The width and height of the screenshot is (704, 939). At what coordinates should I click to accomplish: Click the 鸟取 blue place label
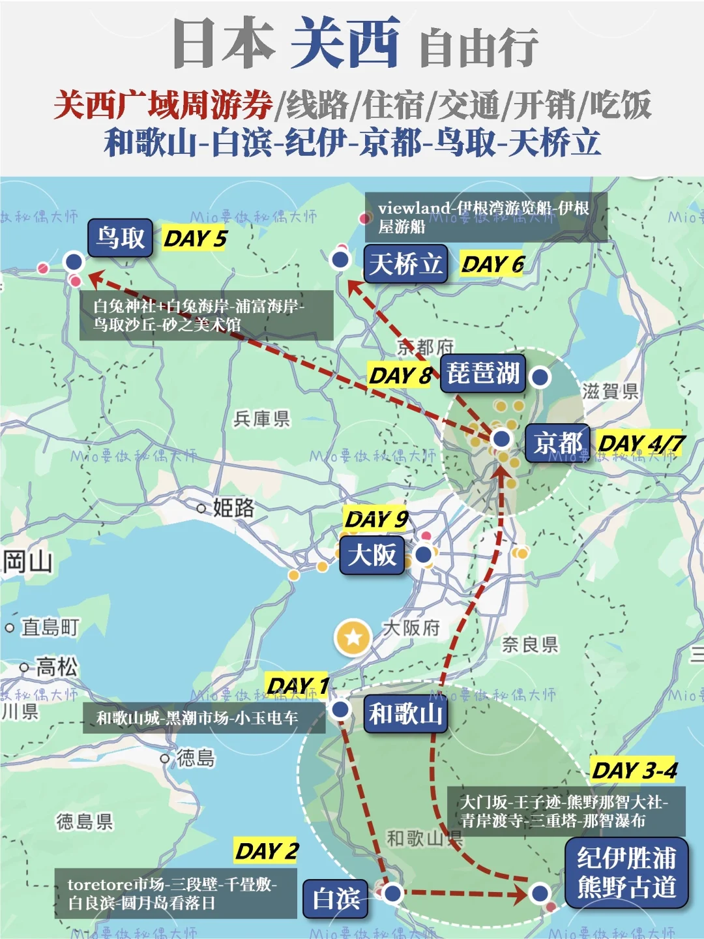click(x=120, y=238)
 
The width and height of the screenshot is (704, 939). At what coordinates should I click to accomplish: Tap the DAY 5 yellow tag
click(x=194, y=239)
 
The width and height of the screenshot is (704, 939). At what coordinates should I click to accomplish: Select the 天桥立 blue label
click(x=405, y=263)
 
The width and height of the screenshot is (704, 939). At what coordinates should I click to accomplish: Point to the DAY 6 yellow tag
click(x=492, y=264)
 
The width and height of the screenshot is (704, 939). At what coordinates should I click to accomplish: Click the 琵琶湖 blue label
click(x=482, y=374)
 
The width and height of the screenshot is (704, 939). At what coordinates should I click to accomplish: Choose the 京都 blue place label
click(x=557, y=443)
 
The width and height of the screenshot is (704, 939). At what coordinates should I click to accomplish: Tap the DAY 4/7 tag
click(x=641, y=444)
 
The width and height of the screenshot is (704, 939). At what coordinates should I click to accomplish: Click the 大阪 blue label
click(x=372, y=556)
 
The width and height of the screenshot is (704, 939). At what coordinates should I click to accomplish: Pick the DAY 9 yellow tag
click(x=376, y=519)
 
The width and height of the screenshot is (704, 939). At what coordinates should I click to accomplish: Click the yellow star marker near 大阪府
click(x=353, y=636)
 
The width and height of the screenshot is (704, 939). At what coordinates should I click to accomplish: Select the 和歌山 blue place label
click(x=405, y=713)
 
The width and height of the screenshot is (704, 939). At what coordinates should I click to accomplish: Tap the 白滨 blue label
click(x=336, y=899)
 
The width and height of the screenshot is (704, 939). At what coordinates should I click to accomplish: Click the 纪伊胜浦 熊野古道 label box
click(x=626, y=872)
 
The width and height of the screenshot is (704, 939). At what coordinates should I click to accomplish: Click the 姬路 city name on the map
click(x=233, y=507)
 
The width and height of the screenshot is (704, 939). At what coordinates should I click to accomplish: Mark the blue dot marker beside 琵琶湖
click(x=540, y=376)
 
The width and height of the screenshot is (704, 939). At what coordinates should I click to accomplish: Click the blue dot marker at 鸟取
click(x=74, y=261)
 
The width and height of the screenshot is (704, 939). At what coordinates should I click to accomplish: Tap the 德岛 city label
click(x=195, y=758)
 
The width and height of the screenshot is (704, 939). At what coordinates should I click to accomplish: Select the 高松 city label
click(x=57, y=666)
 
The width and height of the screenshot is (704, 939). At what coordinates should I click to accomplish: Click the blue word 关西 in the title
click(x=345, y=42)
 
